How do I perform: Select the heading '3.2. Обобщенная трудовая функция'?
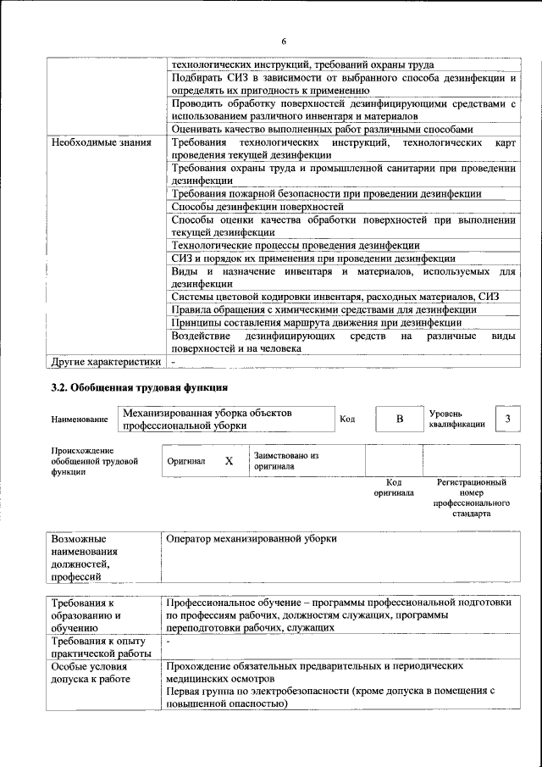[140, 388]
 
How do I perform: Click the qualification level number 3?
[506, 420]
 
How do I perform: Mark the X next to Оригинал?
[229, 460]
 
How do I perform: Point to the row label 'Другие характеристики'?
[106, 362]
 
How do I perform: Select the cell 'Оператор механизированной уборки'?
[252, 538]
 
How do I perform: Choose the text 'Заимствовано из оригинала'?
[285, 460]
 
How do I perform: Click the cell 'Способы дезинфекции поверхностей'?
[257, 206]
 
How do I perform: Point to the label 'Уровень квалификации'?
[457, 419]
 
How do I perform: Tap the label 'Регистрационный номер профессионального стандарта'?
[472, 497]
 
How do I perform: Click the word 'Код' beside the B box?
[347, 419]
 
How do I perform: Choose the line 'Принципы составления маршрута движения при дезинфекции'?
[317, 322]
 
